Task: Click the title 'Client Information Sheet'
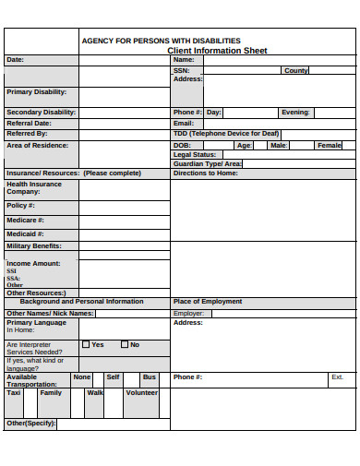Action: point(217,51)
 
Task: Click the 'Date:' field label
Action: point(16,59)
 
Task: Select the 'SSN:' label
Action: point(181,70)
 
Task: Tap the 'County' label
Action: point(296,70)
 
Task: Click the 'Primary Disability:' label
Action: point(37,91)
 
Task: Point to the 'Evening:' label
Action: point(295,112)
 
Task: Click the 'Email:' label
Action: point(184,123)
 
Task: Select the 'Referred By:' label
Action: point(27,133)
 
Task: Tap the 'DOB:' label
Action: point(182,145)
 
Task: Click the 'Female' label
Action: point(329,145)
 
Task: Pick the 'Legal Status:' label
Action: point(194,154)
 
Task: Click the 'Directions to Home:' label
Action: point(205,173)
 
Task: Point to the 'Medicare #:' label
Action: point(26,220)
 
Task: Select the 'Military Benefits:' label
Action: point(34,245)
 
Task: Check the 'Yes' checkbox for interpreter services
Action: point(86,344)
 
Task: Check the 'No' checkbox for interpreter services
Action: point(124,344)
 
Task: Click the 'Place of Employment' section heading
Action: point(208,301)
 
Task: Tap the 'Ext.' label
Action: point(337,376)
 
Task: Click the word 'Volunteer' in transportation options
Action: point(141,392)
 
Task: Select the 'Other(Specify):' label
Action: point(31,423)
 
